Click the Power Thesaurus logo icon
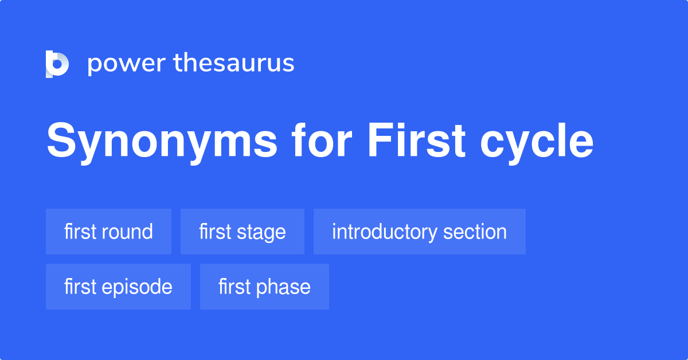click(x=57, y=64)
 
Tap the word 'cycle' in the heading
click(x=537, y=142)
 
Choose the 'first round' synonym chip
click(x=108, y=232)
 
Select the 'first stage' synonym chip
click(x=242, y=232)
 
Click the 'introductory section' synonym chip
click(x=419, y=232)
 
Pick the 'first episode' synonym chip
click(x=118, y=287)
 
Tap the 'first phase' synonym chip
click(x=264, y=287)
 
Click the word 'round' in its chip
click(x=127, y=232)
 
